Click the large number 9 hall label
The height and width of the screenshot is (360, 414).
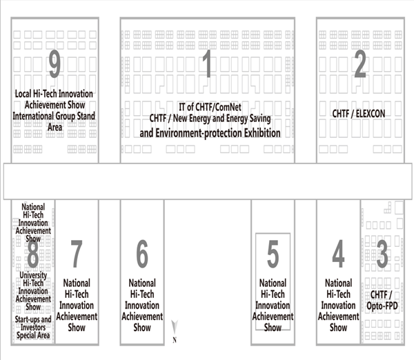(x=55, y=66)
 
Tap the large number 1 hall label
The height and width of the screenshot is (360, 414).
(x=206, y=66)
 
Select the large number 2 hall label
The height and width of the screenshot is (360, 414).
(x=359, y=66)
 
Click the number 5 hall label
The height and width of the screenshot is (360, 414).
(x=273, y=255)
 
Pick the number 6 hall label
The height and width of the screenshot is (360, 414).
(x=141, y=255)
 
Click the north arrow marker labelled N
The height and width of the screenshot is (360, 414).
(x=175, y=330)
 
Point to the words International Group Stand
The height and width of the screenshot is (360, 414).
(x=55, y=116)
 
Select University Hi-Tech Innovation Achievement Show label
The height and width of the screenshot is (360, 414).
(x=34, y=290)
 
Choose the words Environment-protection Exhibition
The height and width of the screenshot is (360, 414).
(x=210, y=131)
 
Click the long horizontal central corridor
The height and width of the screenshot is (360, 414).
(x=207, y=181)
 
